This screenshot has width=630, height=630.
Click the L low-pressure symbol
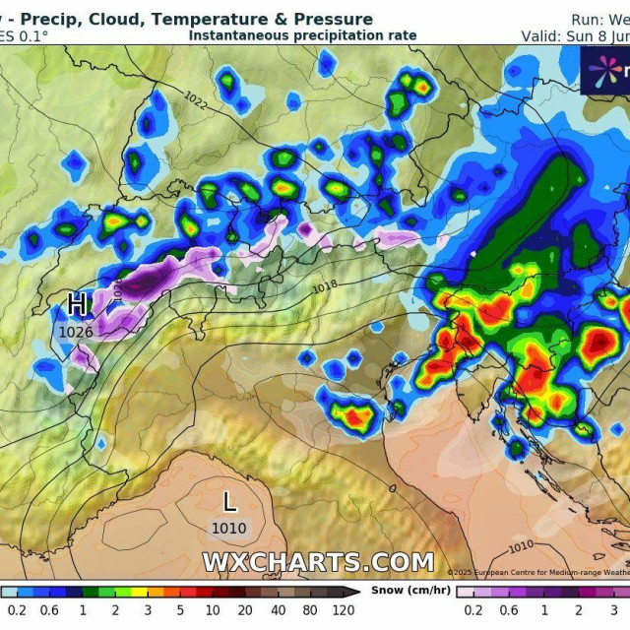click(229, 502)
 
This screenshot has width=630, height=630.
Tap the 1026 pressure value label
click(76, 332)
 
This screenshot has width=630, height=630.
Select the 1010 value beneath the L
click(229, 529)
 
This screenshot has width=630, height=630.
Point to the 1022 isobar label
click(195, 99)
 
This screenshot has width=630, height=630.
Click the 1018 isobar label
click(324, 287)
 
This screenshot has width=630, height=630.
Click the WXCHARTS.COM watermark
click(318, 562)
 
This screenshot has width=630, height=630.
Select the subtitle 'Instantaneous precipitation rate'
click(302, 35)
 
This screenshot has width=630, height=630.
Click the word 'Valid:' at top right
click(540, 35)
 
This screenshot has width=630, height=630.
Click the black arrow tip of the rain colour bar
click(355, 592)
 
